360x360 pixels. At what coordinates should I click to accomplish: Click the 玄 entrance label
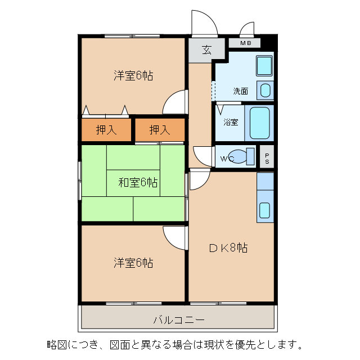pos(206,49)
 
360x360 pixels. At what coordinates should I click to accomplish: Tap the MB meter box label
pos(246,43)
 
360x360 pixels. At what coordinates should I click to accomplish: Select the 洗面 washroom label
pos(241,91)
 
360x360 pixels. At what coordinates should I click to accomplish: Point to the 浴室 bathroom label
pos(231,121)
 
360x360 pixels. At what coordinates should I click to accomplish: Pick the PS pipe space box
pos(267,157)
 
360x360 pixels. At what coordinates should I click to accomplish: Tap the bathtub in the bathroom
pos(260,123)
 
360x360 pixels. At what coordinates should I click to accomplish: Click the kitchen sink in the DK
pos(265,210)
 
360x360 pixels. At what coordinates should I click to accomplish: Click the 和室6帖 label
pos(138,182)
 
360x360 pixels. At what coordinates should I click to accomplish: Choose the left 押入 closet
pos(106,130)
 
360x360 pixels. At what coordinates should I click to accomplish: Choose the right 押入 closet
pos(160,130)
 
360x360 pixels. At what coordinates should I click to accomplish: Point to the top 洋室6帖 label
pos(133,75)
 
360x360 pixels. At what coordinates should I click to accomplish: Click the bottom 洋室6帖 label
pos(133,262)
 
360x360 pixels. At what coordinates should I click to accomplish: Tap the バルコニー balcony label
pos(179,320)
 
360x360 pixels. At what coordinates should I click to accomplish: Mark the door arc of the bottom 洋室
pos(174,236)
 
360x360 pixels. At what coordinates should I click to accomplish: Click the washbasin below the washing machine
pos(264,90)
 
